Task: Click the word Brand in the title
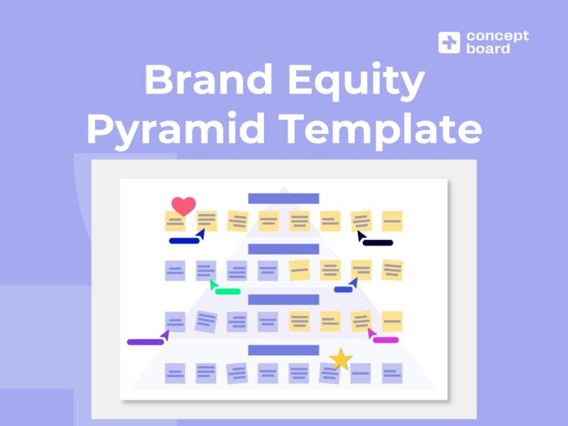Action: click(201, 80)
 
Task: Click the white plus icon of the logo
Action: click(449, 42)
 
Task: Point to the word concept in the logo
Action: click(497, 36)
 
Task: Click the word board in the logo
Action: click(488, 49)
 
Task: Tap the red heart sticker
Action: click(184, 205)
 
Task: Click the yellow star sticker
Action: click(341, 359)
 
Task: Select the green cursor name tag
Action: click(227, 291)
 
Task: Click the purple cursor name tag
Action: click(145, 342)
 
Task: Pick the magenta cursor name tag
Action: click(386, 340)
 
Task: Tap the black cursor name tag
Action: click(378, 242)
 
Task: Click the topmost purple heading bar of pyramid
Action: click(283, 198)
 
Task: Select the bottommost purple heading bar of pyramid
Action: click(283, 350)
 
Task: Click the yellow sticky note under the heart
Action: click(175, 222)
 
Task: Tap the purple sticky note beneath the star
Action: click(329, 374)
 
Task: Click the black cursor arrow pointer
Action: click(361, 235)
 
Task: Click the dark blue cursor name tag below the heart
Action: click(184, 240)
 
